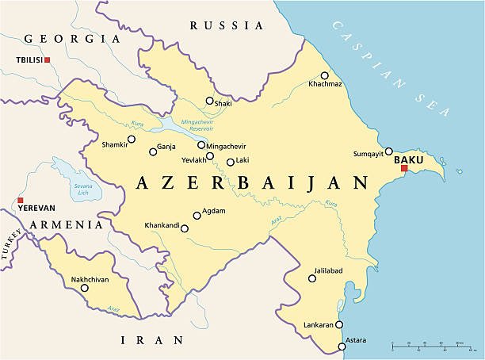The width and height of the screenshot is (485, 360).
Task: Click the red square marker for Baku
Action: coord(403,168)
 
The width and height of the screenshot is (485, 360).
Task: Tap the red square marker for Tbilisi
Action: coord(48,60)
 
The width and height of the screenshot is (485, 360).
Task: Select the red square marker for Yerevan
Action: coord(21,201)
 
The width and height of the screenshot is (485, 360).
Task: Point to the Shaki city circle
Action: coord(209,101)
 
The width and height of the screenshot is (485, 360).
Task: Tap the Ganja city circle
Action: coord(153,151)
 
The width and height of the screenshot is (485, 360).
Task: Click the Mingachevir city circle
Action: coord(200,146)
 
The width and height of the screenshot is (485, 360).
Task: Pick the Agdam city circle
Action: coord(197,214)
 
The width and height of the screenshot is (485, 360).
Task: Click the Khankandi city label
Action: coord(161,225)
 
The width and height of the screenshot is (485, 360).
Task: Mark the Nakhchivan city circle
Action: coord(84,288)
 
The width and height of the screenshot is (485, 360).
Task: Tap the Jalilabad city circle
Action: coord(312,278)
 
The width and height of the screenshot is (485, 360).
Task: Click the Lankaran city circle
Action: coord(339,324)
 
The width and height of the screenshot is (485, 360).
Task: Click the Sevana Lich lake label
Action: coord(82,188)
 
